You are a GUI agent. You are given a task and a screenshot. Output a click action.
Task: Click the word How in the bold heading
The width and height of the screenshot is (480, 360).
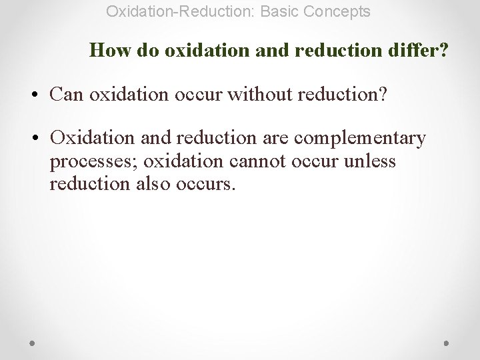pyautogui.click(x=105, y=50)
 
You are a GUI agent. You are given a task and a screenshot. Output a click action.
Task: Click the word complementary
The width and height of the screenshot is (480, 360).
pyautogui.click(x=359, y=138)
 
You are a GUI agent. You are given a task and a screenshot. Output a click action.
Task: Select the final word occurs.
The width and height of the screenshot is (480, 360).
pyautogui.click(x=206, y=184)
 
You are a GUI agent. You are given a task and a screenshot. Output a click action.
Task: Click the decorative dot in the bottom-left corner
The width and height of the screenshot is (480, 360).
pyautogui.click(x=33, y=343)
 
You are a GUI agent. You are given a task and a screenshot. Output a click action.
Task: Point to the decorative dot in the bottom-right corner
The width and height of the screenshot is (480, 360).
pyautogui.click(x=446, y=343)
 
